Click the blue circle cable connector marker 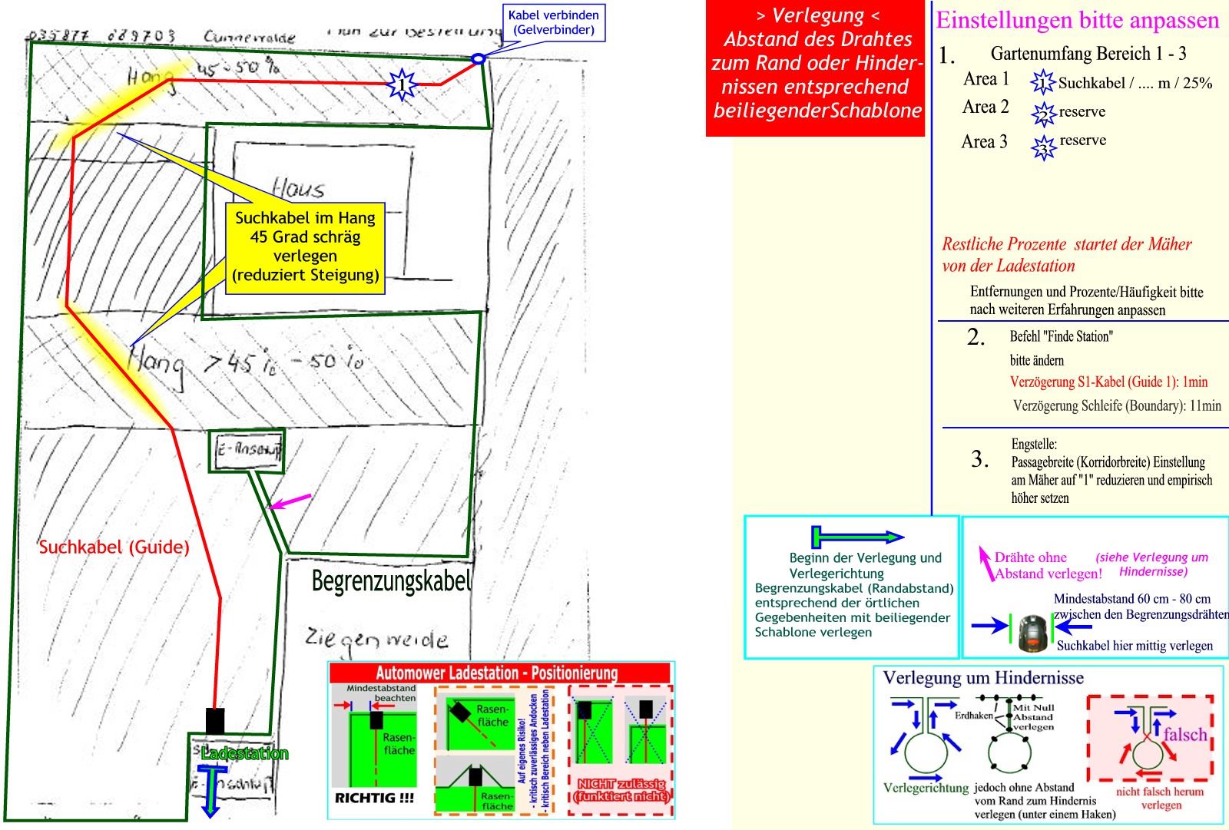478,58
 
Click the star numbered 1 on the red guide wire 402,84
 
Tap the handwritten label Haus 299,188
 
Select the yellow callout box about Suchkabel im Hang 305,246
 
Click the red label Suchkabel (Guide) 114,547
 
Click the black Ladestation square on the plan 215,721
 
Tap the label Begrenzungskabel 391,581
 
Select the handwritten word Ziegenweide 376,638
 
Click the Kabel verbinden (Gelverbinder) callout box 553,22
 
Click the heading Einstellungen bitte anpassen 1077,20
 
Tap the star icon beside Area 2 1043,114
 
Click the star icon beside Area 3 1043,146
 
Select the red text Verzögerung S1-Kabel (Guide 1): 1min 1108,382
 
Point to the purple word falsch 1184,735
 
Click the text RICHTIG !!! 374,798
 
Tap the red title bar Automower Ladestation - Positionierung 500,673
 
